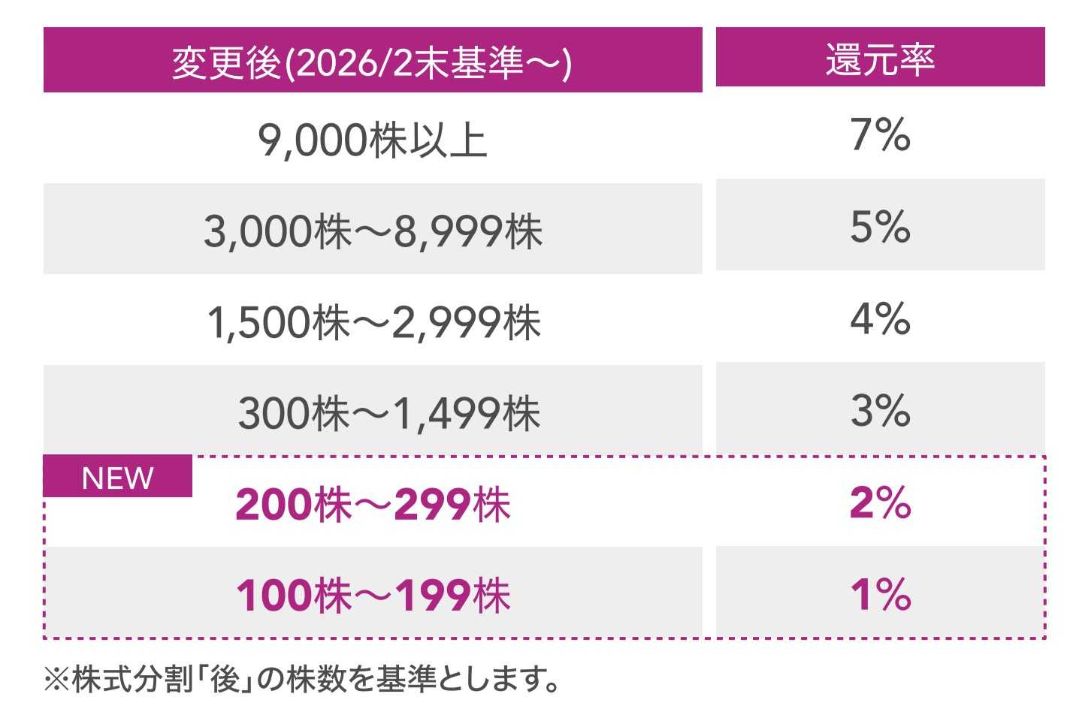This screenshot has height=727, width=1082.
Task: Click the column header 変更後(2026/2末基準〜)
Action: pos(372,61)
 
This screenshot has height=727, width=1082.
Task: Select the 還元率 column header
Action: pos(880,58)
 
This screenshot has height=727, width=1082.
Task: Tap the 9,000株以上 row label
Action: pos(372,140)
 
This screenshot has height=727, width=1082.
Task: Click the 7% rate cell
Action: pos(880,136)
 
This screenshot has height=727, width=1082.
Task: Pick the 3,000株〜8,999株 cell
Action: pos(372,231)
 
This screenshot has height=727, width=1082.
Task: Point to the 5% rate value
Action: pos(880,227)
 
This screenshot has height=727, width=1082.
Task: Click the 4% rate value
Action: pos(880,318)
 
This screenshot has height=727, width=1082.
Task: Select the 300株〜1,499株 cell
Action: pos(388,413)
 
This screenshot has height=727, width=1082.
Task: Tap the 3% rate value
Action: pos(880,410)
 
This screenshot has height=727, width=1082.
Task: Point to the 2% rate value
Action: pos(880,502)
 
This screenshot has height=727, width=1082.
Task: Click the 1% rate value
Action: pos(880,594)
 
